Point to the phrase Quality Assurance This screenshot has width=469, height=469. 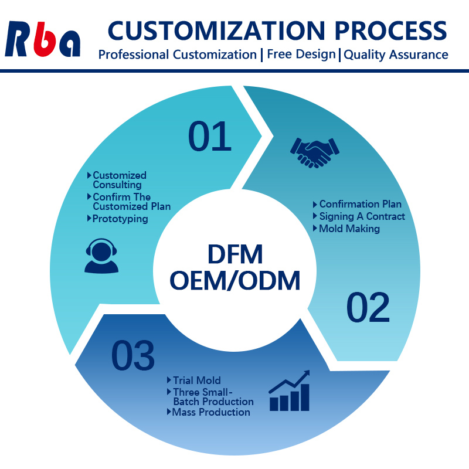click(396, 55)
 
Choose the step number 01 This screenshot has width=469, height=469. click(210, 135)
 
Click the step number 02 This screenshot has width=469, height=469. click(368, 308)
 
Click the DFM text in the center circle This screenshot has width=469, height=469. click(235, 254)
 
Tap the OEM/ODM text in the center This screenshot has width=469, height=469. click(235, 280)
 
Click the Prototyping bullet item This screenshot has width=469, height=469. click(120, 219)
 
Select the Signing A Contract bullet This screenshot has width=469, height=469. click(362, 216)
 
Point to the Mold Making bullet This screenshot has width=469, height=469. click(349, 229)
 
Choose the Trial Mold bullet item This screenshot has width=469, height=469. click(196, 380)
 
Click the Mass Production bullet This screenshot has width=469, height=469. click(211, 412)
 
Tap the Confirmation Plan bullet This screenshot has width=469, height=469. click(360, 204)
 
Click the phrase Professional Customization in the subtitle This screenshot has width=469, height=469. click(177, 55)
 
